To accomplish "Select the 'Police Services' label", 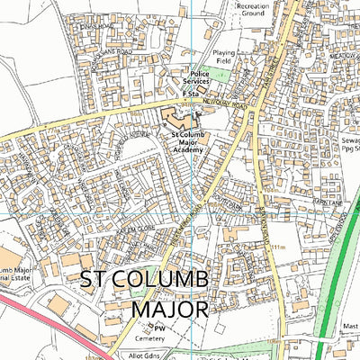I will click(204, 77).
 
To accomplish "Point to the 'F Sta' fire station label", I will click(190, 93).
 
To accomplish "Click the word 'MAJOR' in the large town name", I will click(169, 309).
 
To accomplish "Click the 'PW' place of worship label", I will click(159, 329).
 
